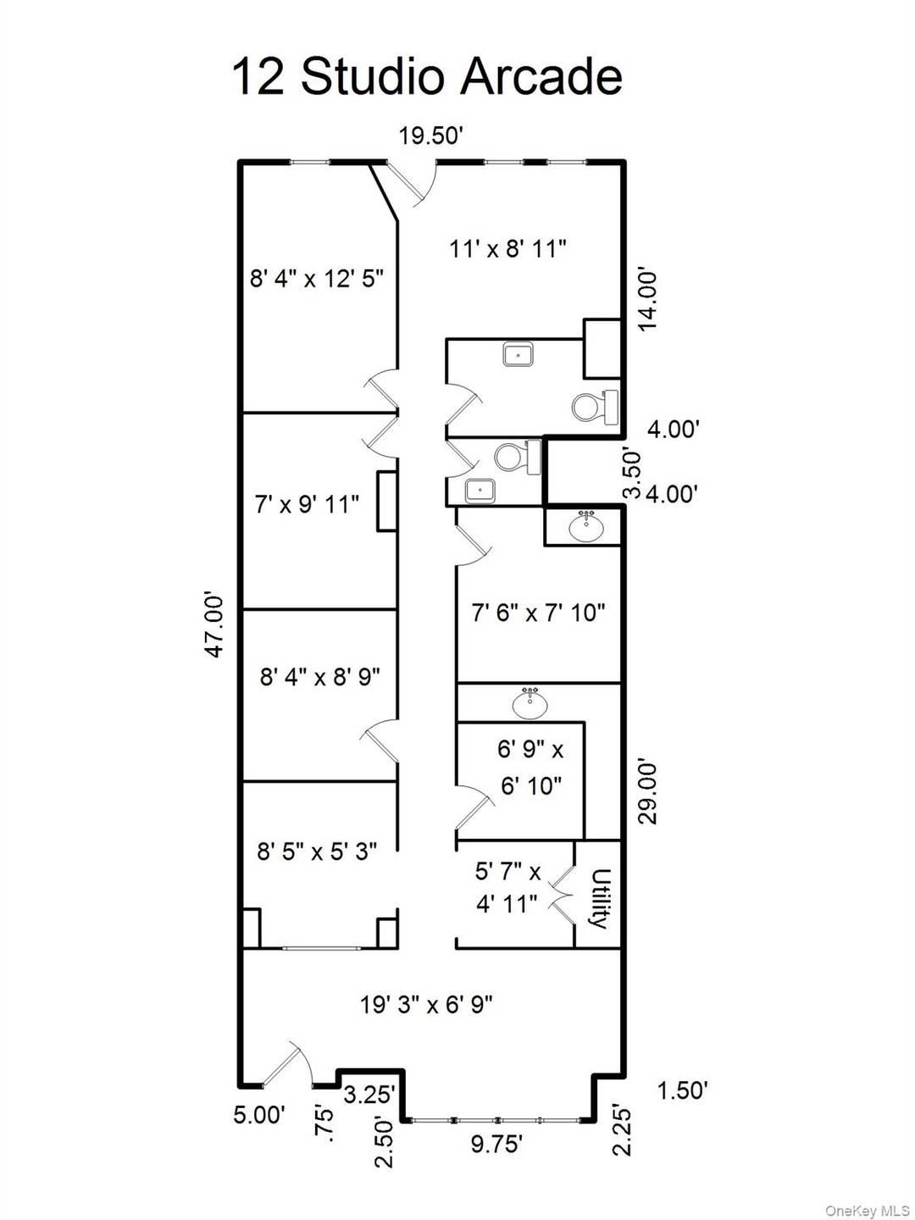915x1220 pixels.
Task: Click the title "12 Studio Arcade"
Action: [427, 76]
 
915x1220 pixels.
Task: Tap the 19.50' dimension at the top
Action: [430, 136]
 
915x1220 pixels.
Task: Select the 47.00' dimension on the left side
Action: [215, 625]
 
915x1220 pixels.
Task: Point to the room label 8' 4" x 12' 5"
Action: [317, 278]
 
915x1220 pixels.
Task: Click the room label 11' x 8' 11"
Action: [507, 248]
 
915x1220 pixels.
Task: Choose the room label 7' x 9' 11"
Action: [307, 504]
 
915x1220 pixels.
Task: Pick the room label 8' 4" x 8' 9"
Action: [319, 676]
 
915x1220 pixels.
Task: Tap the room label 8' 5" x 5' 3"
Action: [317, 851]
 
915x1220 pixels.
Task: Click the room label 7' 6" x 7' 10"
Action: [538, 612]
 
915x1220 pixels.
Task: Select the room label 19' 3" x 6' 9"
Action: [426, 1005]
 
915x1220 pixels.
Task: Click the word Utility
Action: [600, 899]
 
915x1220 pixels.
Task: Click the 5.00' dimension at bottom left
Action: [258, 1115]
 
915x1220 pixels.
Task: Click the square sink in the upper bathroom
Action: [518, 353]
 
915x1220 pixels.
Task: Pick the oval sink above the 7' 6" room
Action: [585, 527]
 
